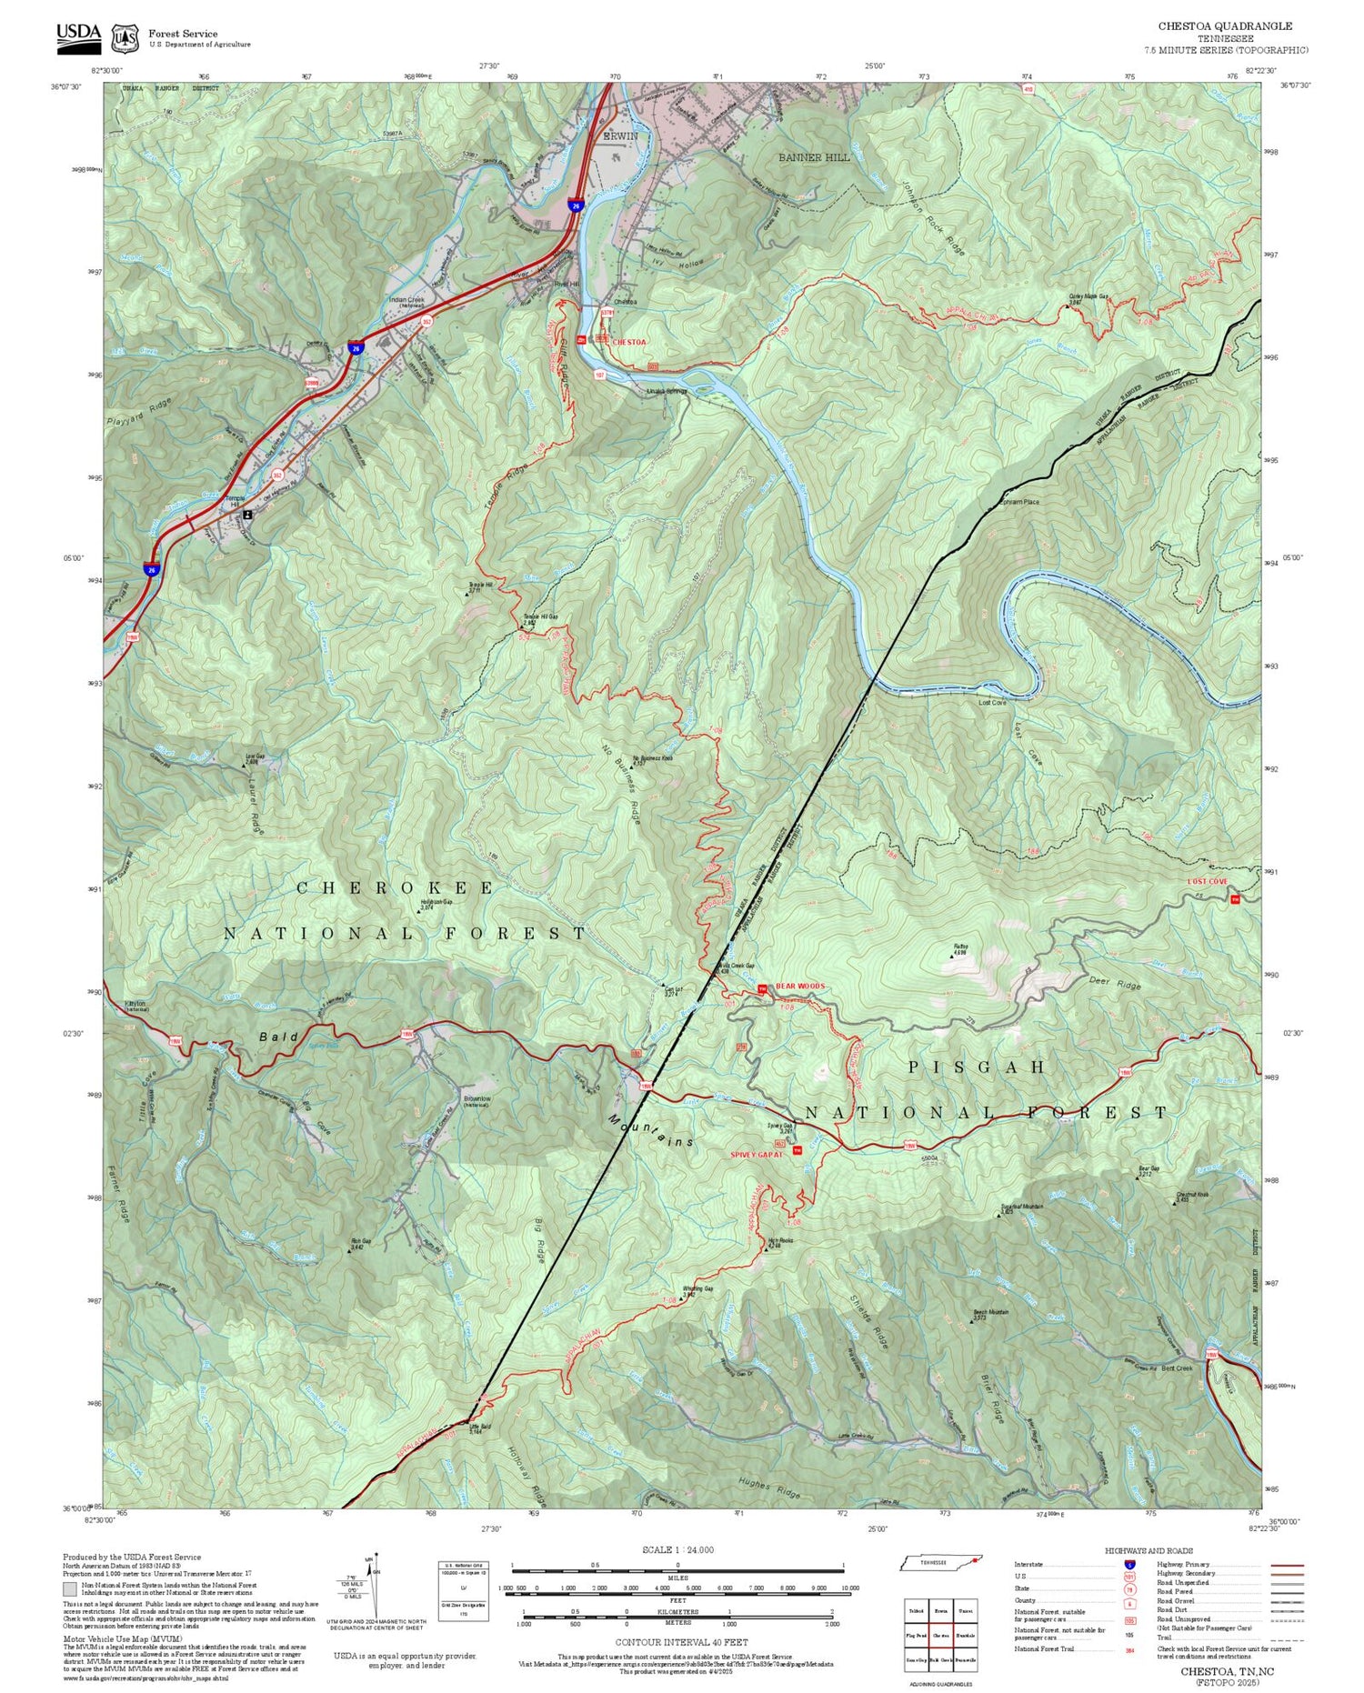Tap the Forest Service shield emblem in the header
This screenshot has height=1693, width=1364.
(x=125, y=38)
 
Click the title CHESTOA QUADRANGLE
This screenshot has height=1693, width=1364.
(x=1224, y=26)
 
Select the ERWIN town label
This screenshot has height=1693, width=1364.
(x=620, y=135)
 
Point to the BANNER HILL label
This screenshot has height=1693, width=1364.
(x=813, y=157)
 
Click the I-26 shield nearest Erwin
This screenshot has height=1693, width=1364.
(x=576, y=206)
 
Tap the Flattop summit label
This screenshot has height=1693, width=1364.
(x=960, y=947)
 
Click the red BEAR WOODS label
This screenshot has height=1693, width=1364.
(x=799, y=986)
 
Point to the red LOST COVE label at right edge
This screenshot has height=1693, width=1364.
(x=1207, y=881)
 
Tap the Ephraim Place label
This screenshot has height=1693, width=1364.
(x=1018, y=502)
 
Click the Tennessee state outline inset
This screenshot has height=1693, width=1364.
(x=940, y=1562)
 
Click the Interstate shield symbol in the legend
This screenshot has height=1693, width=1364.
(x=1130, y=1565)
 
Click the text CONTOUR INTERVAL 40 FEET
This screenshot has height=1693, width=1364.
(x=681, y=1642)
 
